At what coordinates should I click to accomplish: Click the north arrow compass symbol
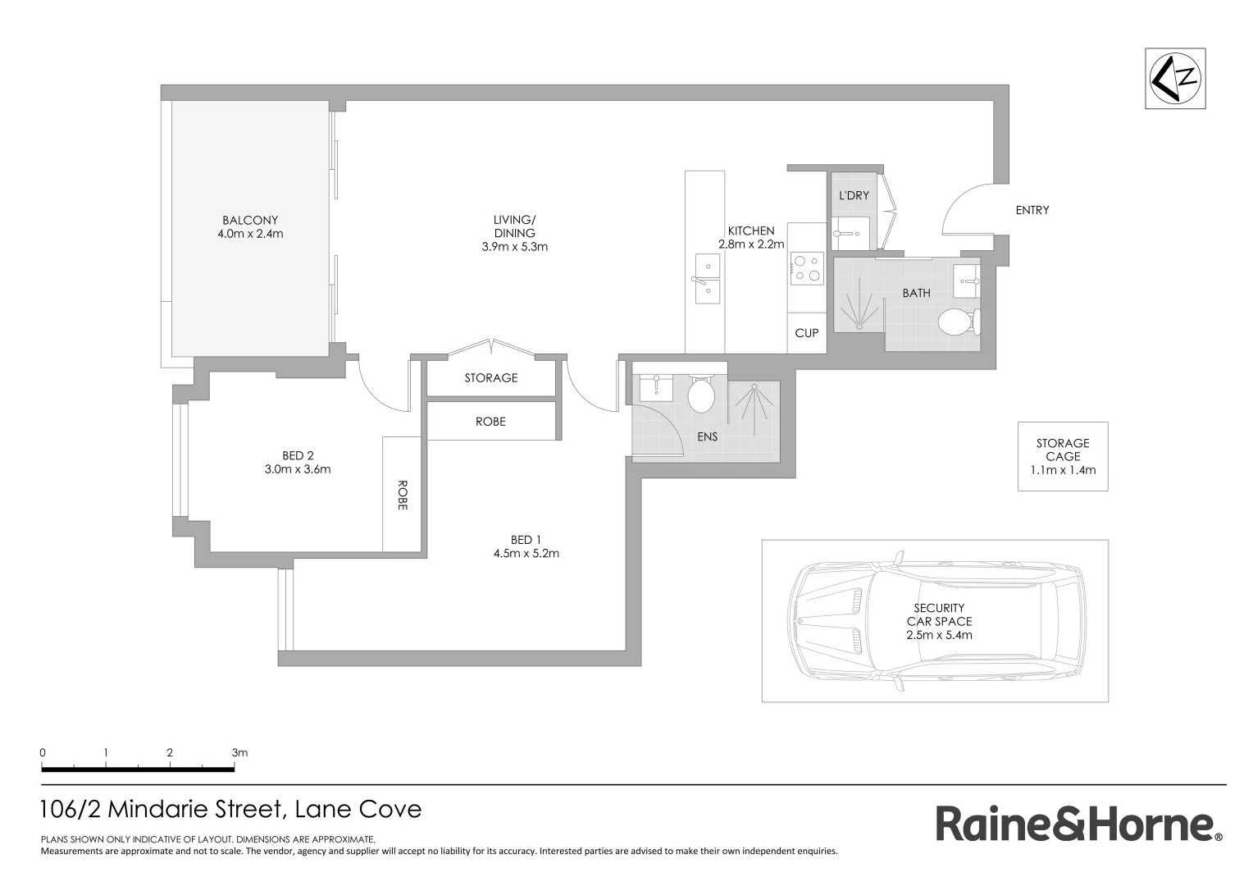click(1175, 79)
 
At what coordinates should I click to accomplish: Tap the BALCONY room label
click(250, 220)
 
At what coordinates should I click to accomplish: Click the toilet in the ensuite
click(701, 395)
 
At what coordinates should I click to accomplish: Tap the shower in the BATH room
click(859, 305)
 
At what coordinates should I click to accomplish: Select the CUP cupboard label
click(807, 333)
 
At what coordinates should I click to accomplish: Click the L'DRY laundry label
click(854, 196)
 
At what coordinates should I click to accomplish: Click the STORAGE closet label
click(491, 378)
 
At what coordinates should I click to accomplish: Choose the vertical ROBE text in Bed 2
click(402, 495)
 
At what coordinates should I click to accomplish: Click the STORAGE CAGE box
click(1063, 456)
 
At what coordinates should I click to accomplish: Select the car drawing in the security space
click(935, 621)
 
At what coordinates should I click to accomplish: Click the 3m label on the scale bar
click(239, 752)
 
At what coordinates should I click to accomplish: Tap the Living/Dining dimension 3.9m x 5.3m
click(514, 246)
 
